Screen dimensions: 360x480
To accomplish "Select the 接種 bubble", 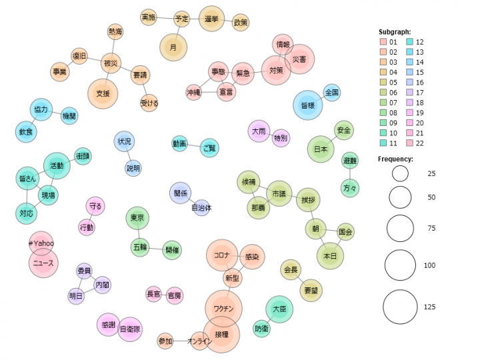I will [x=221, y=333].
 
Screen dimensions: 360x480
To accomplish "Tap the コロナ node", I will [x=222, y=255].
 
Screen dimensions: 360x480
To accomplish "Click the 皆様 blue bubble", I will [x=308, y=105].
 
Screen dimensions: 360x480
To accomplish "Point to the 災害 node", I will [x=299, y=60].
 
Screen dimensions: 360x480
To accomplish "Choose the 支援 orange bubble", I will [x=103, y=93].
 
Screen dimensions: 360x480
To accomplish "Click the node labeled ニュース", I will [x=43, y=263].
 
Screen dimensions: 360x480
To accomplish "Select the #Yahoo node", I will [x=41, y=243].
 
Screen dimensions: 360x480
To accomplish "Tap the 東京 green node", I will [x=138, y=218].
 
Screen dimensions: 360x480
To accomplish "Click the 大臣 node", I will [x=279, y=309].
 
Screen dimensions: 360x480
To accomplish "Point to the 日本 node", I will [x=321, y=150].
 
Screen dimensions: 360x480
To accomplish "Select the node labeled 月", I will [x=173, y=47].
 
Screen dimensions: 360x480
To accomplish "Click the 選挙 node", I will [x=212, y=20].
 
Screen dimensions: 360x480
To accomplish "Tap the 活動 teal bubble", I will [x=57, y=165].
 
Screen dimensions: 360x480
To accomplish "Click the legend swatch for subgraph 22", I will [x=411, y=143].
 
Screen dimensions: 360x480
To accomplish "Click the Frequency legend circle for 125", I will [x=400, y=307].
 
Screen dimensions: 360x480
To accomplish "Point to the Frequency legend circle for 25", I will [x=400, y=174].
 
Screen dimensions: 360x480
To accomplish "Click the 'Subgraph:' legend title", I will [x=394, y=31].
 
